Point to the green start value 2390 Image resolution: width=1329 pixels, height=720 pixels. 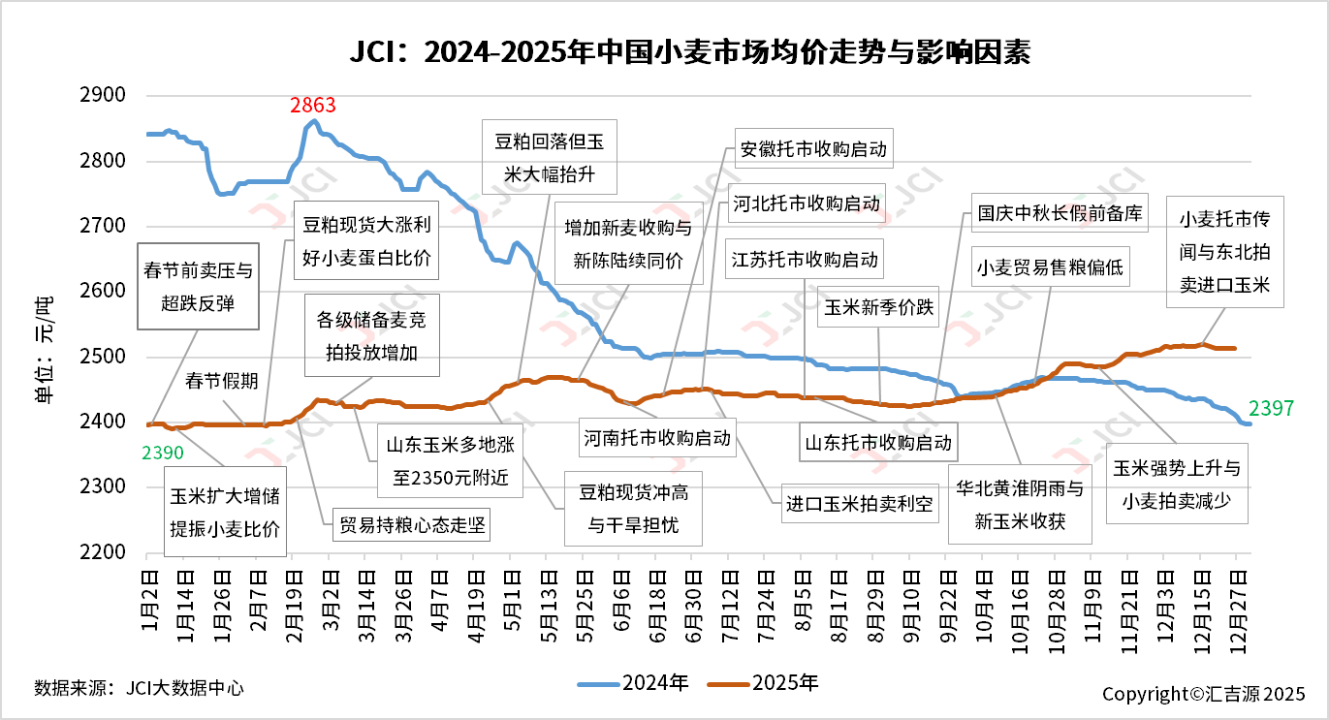tap(162, 452)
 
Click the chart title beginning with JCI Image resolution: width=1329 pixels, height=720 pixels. tap(663, 50)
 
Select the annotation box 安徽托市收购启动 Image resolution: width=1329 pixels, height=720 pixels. tap(812, 150)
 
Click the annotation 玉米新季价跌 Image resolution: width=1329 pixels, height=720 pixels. tap(878, 308)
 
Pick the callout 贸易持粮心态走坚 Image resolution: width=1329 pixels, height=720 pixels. tap(411, 525)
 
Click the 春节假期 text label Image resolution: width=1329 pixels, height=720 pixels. tap(222, 381)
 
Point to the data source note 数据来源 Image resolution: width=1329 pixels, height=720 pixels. tap(139, 688)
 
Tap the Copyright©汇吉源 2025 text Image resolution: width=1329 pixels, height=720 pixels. tap(1203, 694)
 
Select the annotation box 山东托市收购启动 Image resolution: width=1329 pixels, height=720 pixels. tap(878, 444)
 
